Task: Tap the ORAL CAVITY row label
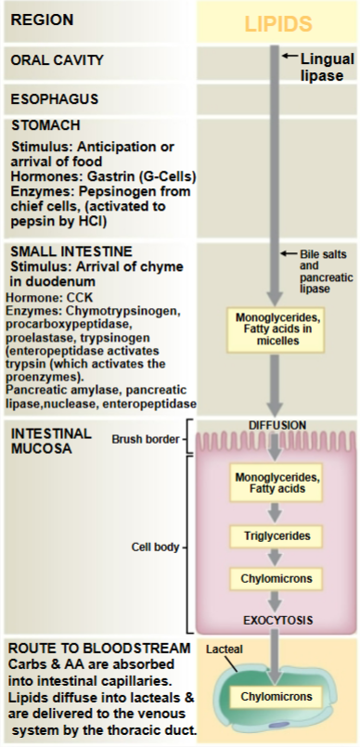coord(57,60)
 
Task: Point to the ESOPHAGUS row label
coord(54,97)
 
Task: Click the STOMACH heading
coord(45,124)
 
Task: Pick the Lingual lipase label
coord(326,67)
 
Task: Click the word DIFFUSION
coord(276,425)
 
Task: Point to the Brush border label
coord(144,437)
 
